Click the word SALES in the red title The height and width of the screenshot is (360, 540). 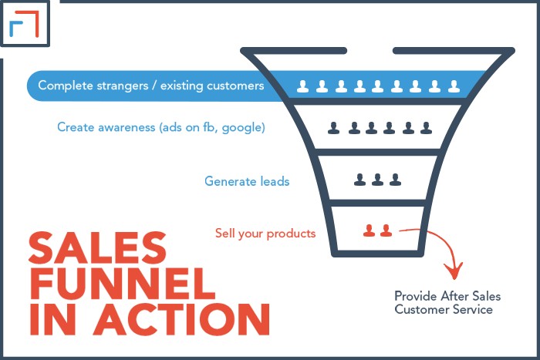[97, 247]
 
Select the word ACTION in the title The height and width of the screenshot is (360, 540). [182, 319]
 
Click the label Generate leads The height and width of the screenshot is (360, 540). [247, 181]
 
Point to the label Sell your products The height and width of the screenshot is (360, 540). [265, 234]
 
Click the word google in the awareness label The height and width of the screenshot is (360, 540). [243, 128]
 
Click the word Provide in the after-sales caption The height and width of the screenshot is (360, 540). [416, 296]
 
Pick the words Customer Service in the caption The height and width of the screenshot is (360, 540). [444, 309]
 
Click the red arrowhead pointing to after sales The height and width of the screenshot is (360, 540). [454, 271]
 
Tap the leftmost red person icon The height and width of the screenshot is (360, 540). [370, 230]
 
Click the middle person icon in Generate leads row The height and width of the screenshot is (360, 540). [377, 180]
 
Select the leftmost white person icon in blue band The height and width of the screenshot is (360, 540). [302, 86]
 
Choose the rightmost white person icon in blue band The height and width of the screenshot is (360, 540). [454, 86]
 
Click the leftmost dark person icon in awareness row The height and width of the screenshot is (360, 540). [333, 128]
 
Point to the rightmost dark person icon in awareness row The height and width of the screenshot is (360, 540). [426, 128]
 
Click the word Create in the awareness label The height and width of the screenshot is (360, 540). [76, 127]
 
